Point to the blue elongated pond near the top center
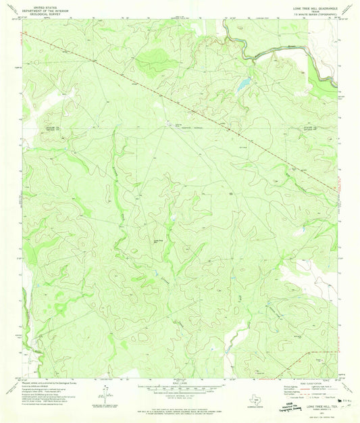(242, 86)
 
